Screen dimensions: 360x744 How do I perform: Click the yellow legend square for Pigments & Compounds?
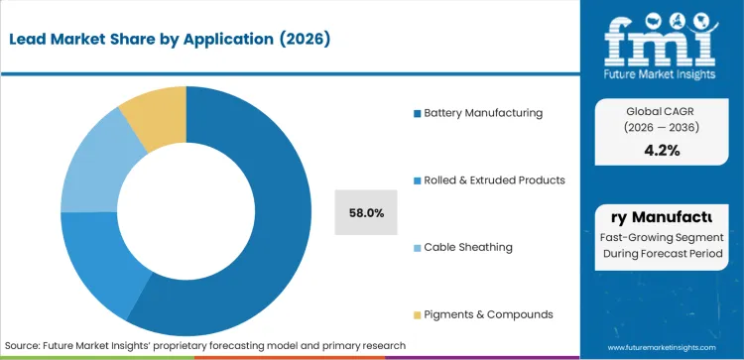(x=418, y=314)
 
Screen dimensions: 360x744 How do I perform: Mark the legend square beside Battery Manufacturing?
(x=418, y=113)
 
